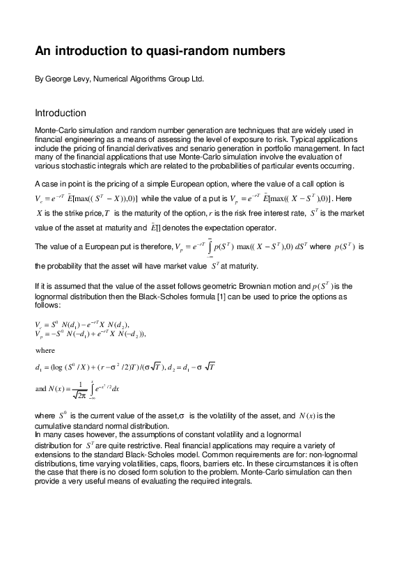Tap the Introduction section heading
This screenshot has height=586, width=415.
pyautogui.click(x=61, y=113)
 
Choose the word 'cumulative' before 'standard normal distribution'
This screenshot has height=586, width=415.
pyautogui.click(x=56, y=427)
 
